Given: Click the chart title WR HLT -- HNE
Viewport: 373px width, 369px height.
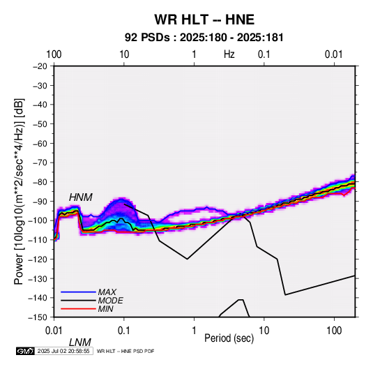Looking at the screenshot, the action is pyautogui.click(x=204, y=20).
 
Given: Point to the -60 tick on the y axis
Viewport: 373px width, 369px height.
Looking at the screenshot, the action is pyautogui.click(x=40, y=143).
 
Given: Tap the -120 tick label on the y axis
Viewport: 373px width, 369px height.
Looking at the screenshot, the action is pyautogui.click(x=38, y=259).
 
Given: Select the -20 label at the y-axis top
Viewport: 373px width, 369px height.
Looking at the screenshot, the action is pyautogui.click(x=40, y=66).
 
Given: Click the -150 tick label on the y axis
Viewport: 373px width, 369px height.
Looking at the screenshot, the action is pyautogui.click(x=38, y=317).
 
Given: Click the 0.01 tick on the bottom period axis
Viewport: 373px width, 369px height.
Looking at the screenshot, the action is pyautogui.click(x=54, y=331).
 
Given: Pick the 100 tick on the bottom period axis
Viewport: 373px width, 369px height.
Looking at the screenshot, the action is pyautogui.click(x=334, y=331).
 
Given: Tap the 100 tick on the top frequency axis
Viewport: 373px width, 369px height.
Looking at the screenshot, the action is pyautogui.click(x=54, y=54).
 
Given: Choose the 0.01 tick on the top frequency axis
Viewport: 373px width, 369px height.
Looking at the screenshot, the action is pyautogui.click(x=334, y=54).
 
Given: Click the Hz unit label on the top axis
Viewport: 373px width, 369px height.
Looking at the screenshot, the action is pyautogui.click(x=229, y=54).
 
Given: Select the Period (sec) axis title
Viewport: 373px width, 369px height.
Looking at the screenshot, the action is pyautogui.click(x=229, y=338).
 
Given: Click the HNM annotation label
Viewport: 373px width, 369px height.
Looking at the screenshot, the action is pyautogui.click(x=81, y=197).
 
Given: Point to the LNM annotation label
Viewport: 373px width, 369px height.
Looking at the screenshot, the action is pyautogui.click(x=80, y=342).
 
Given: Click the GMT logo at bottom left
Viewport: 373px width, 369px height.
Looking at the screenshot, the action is pyautogui.click(x=26, y=351).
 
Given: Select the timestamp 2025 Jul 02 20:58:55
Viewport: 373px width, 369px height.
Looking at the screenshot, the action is pyautogui.click(x=63, y=351).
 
